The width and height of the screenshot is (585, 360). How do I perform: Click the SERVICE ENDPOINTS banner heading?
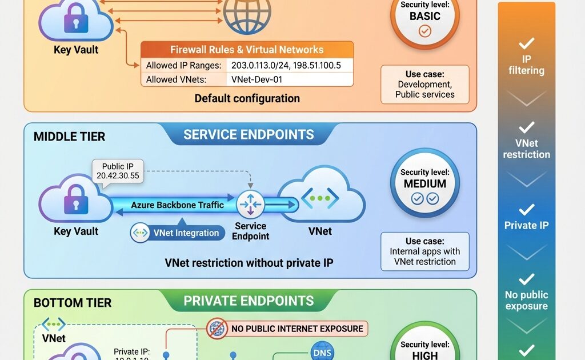click(249, 135)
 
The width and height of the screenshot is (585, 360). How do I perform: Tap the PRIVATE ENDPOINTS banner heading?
click(249, 301)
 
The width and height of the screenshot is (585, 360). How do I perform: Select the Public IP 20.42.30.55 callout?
click(118, 171)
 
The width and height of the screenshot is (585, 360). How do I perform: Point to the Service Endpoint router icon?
click(250, 204)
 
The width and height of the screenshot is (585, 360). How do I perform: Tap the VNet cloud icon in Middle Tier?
click(320, 199)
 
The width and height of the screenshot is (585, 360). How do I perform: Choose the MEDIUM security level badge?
click(425, 183)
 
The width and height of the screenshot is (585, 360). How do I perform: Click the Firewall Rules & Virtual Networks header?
click(247, 50)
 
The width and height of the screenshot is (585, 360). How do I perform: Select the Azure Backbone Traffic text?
click(177, 205)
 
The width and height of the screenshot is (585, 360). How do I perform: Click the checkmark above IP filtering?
click(526, 43)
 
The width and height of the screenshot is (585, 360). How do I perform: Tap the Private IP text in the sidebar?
click(526, 225)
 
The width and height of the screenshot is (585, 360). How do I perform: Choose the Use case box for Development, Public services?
click(425, 85)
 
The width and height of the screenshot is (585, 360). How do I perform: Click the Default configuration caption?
click(247, 98)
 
